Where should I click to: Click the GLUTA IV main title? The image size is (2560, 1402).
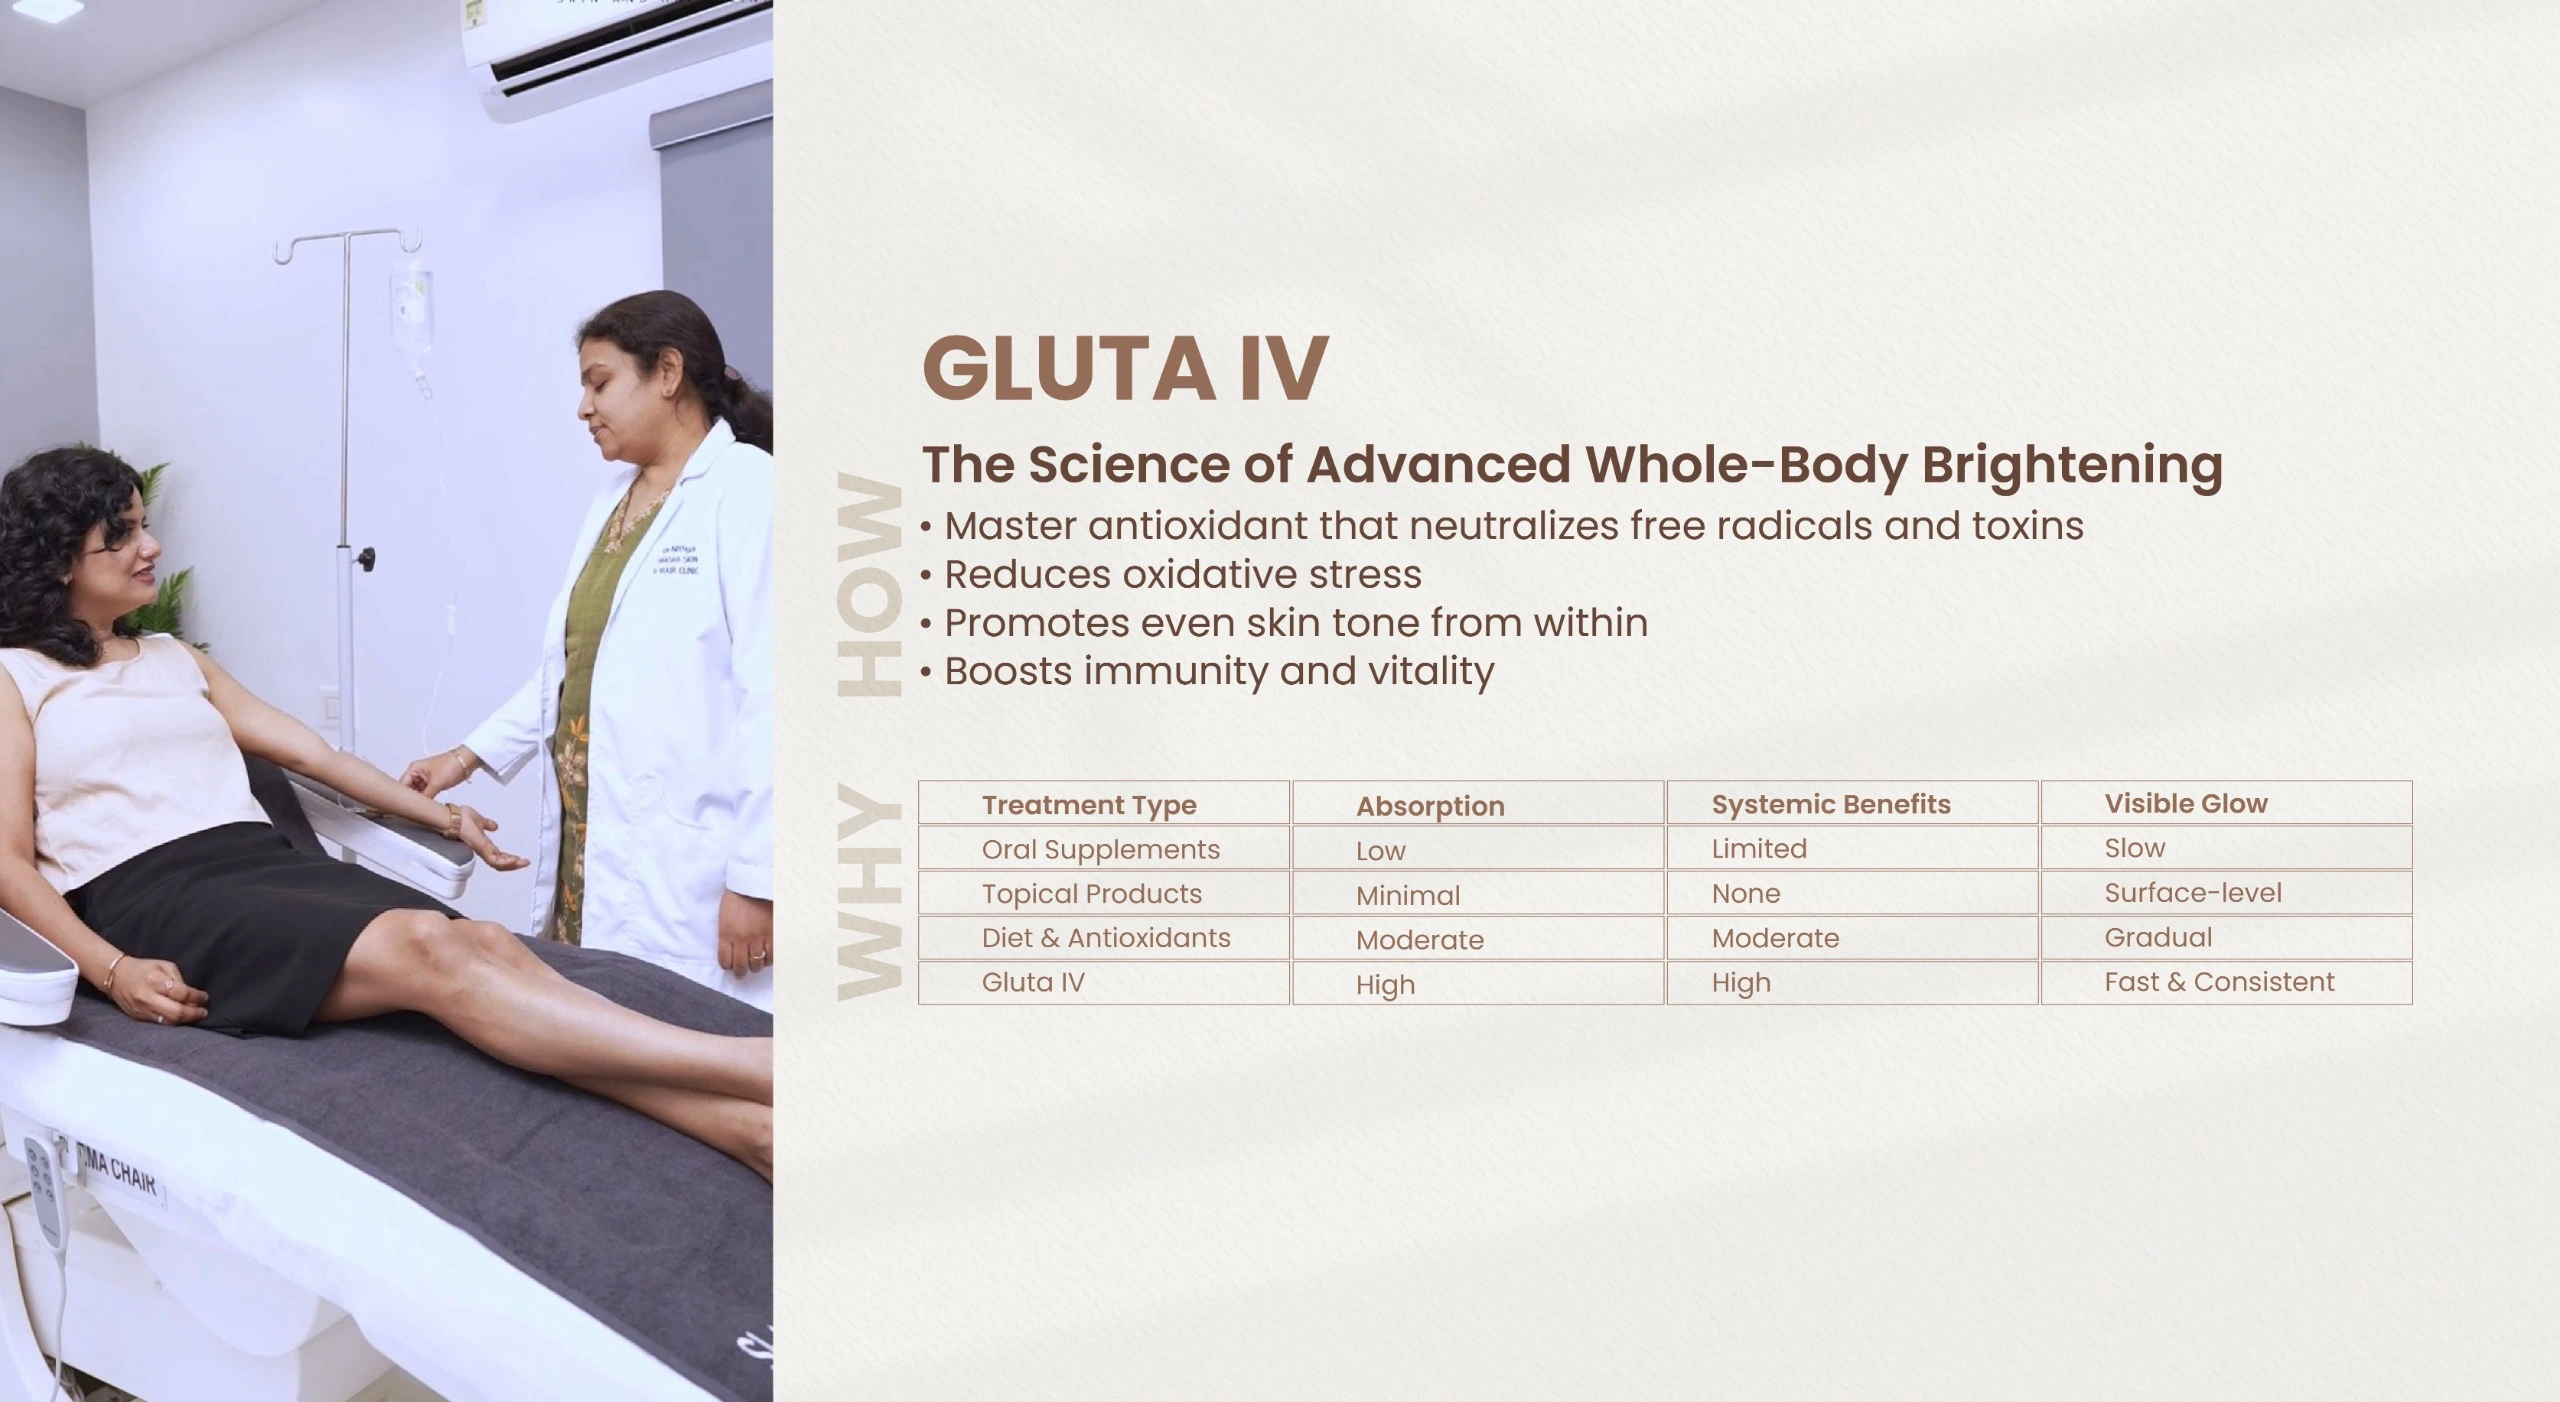tap(1125, 368)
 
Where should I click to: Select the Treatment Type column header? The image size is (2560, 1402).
tap(1089, 805)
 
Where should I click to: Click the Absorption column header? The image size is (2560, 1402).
tap(1430, 806)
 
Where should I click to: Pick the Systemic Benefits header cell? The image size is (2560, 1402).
tap(1831, 804)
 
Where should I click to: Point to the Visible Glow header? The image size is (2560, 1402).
tap(2186, 803)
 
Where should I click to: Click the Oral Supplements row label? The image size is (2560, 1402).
tap(1101, 850)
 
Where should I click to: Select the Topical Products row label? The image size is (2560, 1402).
tap(1092, 894)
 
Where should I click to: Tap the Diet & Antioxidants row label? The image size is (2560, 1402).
tap(1106, 938)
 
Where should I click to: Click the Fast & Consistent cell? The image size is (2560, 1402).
tap(2219, 982)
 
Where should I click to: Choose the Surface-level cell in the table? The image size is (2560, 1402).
tap(2193, 893)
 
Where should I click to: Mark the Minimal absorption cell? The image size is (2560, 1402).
tap(1408, 895)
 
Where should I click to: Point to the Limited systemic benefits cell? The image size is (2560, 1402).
tap(1759, 849)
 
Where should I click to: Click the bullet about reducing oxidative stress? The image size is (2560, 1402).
tap(1170, 575)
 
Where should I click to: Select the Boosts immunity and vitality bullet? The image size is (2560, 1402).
tap(1207, 671)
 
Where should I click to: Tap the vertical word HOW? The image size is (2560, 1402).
tap(869, 585)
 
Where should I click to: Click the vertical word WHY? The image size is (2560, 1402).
tap(869, 893)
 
